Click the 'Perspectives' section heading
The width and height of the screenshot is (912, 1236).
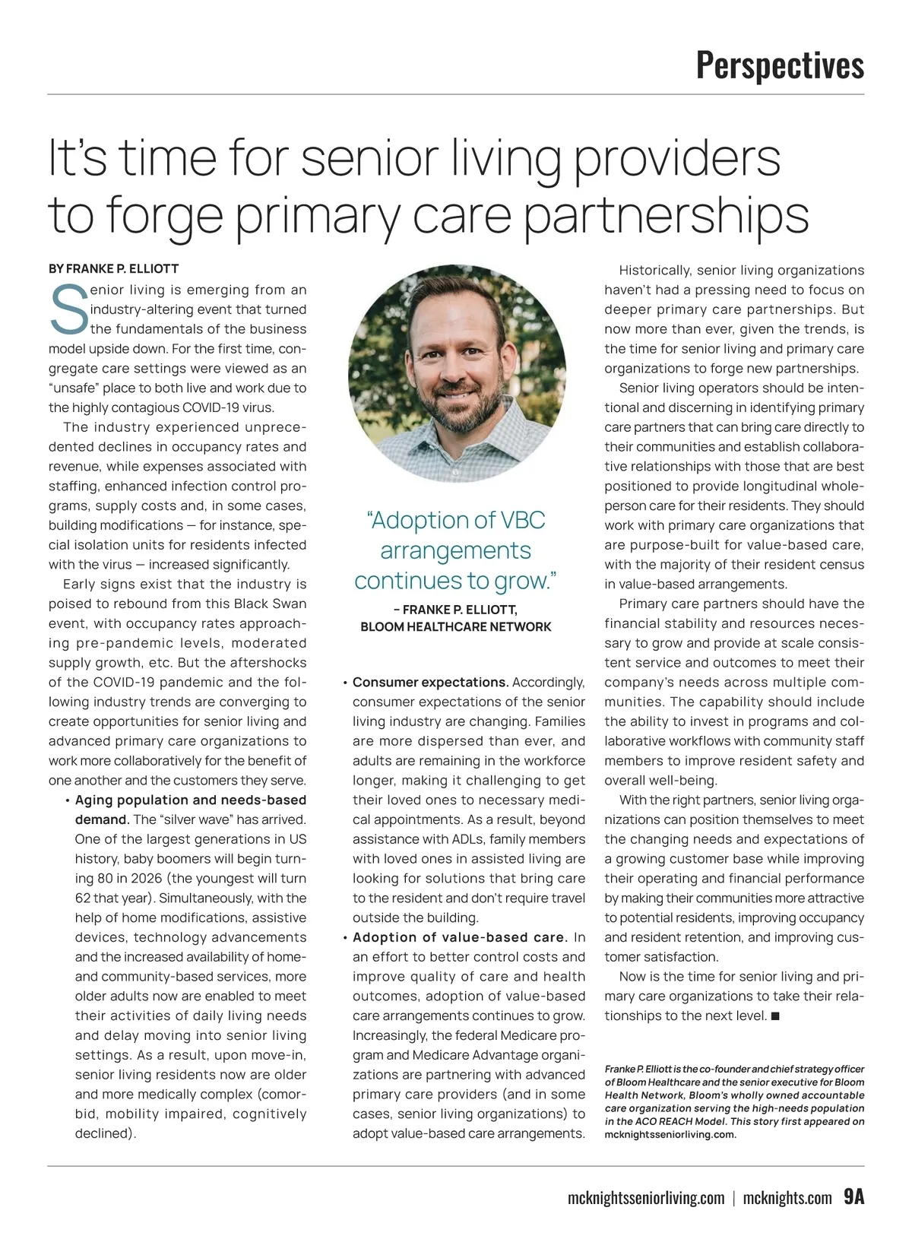point(780,65)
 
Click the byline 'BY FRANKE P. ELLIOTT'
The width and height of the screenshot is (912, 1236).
point(113,269)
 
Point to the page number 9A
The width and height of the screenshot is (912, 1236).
point(853,1197)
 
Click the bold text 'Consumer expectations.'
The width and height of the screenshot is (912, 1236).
point(430,682)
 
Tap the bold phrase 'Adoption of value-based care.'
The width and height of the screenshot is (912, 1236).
point(460,937)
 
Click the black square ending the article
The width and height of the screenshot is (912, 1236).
point(775,1016)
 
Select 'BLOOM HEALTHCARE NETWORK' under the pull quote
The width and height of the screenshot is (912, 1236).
point(456,627)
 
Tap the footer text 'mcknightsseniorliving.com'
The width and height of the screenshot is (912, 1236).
point(646,1199)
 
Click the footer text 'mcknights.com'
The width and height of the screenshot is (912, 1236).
point(787,1199)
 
